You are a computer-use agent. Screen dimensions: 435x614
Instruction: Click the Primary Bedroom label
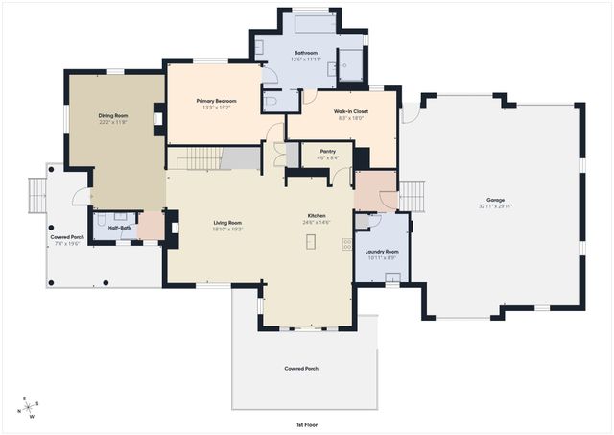[x=216, y=100]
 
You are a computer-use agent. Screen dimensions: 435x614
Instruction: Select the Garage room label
[x=495, y=200]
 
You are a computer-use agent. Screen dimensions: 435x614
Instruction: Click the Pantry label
[x=314, y=151]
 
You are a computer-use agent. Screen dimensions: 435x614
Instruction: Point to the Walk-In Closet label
[x=352, y=111]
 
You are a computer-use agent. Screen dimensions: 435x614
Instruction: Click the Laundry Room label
[x=381, y=251]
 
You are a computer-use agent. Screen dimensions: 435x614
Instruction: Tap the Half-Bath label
[x=120, y=228]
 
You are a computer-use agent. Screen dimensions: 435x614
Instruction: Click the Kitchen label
[x=317, y=215]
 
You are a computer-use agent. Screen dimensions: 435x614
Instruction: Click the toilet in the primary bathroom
[x=271, y=100]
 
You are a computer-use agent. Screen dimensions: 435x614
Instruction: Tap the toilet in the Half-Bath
[x=105, y=218]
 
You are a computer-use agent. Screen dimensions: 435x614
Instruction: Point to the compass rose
[x=30, y=407]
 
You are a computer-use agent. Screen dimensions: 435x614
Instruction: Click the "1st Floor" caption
[x=307, y=423]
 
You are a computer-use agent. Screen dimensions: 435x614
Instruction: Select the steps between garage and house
[x=411, y=196]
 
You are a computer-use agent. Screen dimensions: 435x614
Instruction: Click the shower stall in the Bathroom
[x=352, y=63]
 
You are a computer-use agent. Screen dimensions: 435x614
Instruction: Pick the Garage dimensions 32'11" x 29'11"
[x=495, y=206]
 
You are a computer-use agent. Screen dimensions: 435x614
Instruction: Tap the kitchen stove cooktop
[x=346, y=244]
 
